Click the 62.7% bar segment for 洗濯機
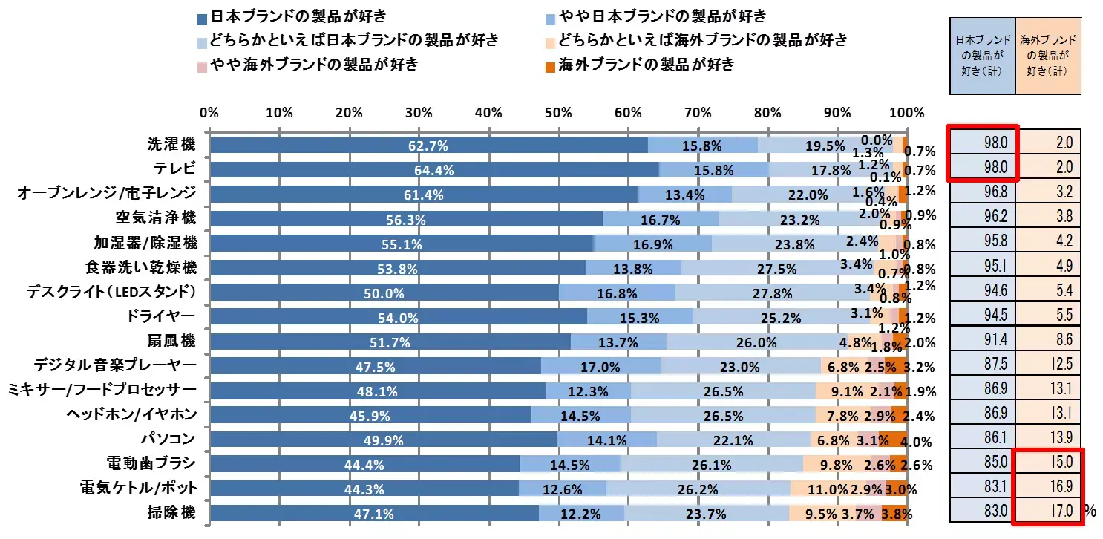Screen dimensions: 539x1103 click(428, 146)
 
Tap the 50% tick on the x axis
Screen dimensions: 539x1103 click(557, 114)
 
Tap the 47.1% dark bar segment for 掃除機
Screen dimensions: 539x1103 click(374, 513)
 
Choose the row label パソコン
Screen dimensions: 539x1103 click(173, 439)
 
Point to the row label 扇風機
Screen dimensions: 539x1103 click(171, 341)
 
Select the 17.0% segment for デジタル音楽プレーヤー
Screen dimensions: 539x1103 click(600, 366)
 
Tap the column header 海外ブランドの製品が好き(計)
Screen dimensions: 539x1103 click(1047, 56)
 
